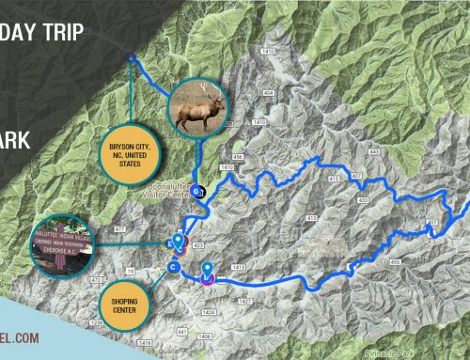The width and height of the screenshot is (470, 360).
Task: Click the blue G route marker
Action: (197, 191)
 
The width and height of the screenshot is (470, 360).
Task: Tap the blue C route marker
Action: (173, 267)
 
